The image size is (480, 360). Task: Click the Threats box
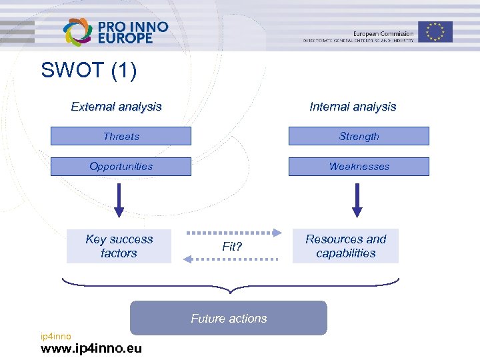(x=121, y=136)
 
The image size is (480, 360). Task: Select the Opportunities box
(x=121, y=167)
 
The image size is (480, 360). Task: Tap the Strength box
(x=359, y=136)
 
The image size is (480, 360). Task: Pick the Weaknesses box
(x=359, y=167)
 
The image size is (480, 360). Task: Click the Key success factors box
(x=119, y=246)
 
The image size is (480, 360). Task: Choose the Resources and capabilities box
(x=345, y=246)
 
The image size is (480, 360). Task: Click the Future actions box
(x=229, y=318)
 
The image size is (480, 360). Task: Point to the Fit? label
(x=232, y=247)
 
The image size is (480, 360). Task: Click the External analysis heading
(x=116, y=107)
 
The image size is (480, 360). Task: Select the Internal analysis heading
(x=353, y=107)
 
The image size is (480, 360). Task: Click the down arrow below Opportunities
(x=119, y=200)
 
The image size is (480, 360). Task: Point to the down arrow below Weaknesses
(x=357, y=200)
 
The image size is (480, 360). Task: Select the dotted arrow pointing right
(x=234, y=233)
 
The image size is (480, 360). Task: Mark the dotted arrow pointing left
(x=231, y=259)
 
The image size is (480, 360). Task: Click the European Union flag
(x=435, y=31)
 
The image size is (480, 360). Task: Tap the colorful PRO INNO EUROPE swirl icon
(x=77, y=31)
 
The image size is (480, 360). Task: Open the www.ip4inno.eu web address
(x=91, y=349)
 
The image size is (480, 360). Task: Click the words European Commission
(x=383, y=33)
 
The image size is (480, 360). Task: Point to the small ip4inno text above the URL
(x=55, y=336)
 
